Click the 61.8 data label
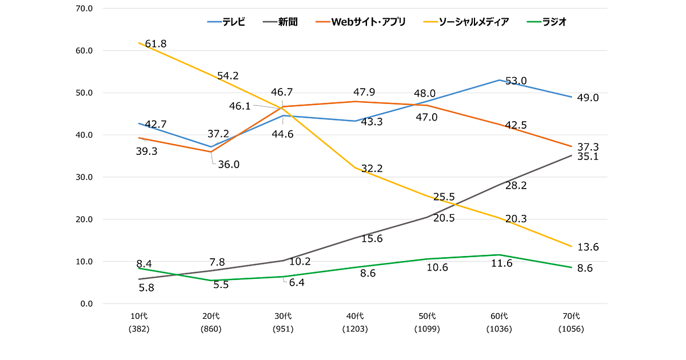pos(155,44)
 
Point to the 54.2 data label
pos(228,75)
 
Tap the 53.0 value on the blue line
pos(516,81)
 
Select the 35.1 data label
pos(588,156)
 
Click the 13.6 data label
pos(588,247)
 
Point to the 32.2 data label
pos(372,169)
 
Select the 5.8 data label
pos(147,288)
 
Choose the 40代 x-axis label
pos(355,316)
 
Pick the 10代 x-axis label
pos(139,316)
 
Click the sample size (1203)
pos(355,329)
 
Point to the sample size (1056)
pos(571,329)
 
